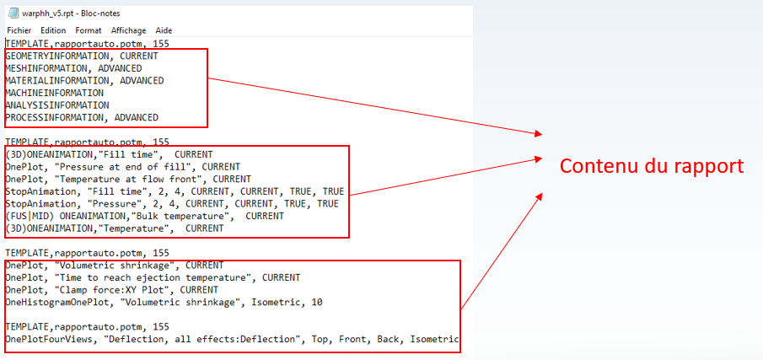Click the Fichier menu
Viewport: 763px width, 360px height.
click(x=19, y=30)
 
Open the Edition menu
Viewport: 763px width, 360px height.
click(x=53, y=30)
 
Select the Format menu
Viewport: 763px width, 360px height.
click(x=89, y=30)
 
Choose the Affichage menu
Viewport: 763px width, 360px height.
click(x=128, y=30)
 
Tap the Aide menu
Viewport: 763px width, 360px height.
click(x=164, y=30)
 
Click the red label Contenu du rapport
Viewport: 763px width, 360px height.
click(x=652, y=166)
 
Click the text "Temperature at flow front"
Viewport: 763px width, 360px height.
click(x=143, y=179)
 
